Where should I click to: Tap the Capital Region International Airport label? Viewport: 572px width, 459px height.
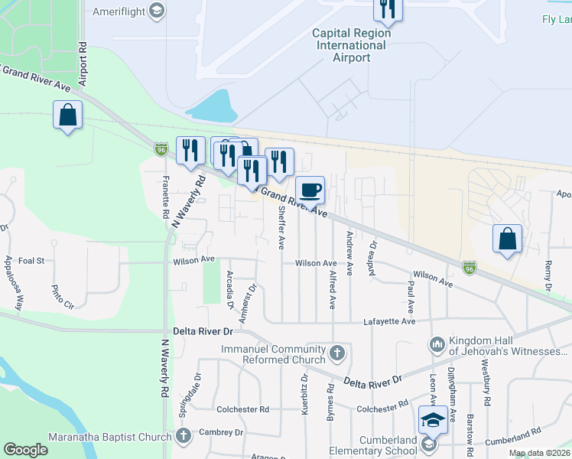352,45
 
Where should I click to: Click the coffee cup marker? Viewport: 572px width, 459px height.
310,189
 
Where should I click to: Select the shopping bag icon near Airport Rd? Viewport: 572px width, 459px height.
68,116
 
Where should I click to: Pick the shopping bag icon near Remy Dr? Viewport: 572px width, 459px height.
507,238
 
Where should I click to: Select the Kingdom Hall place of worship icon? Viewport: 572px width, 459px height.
437,345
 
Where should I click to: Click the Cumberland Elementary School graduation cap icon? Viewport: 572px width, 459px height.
432,420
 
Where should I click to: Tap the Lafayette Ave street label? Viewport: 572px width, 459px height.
389,322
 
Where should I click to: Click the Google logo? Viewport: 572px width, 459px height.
26,450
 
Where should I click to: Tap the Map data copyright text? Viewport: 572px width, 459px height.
539,454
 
